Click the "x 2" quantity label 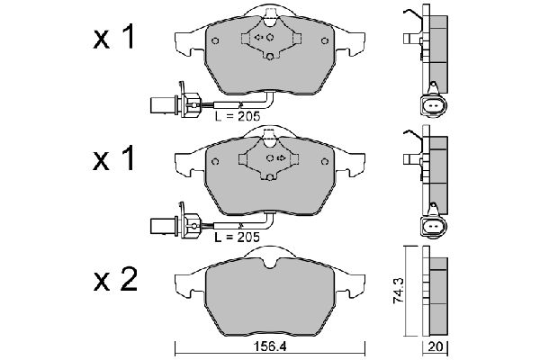pos(116,281)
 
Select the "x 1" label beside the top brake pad pos(116,39)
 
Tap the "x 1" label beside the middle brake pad pos(116,159)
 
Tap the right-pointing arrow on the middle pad pos(281,158)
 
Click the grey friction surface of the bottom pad pos(270,297)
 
